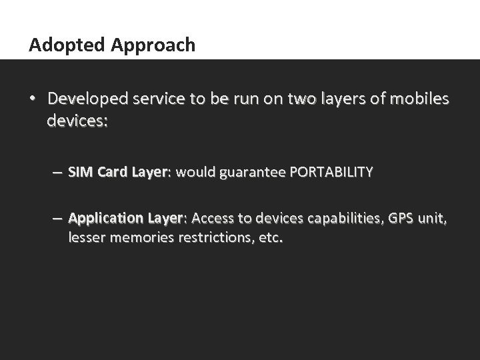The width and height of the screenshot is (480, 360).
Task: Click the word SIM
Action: [81, 172]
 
